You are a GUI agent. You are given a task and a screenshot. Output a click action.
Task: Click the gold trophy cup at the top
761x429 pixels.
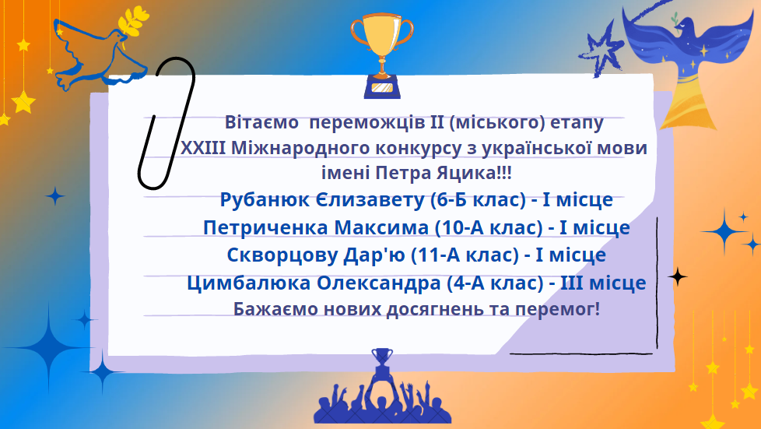382,56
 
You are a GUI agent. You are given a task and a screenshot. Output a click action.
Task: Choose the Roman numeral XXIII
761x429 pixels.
203,148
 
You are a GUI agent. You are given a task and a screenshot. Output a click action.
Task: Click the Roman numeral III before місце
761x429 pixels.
572,283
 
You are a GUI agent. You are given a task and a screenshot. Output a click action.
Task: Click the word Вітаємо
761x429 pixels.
261,122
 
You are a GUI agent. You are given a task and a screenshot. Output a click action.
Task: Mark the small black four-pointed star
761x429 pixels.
678,276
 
